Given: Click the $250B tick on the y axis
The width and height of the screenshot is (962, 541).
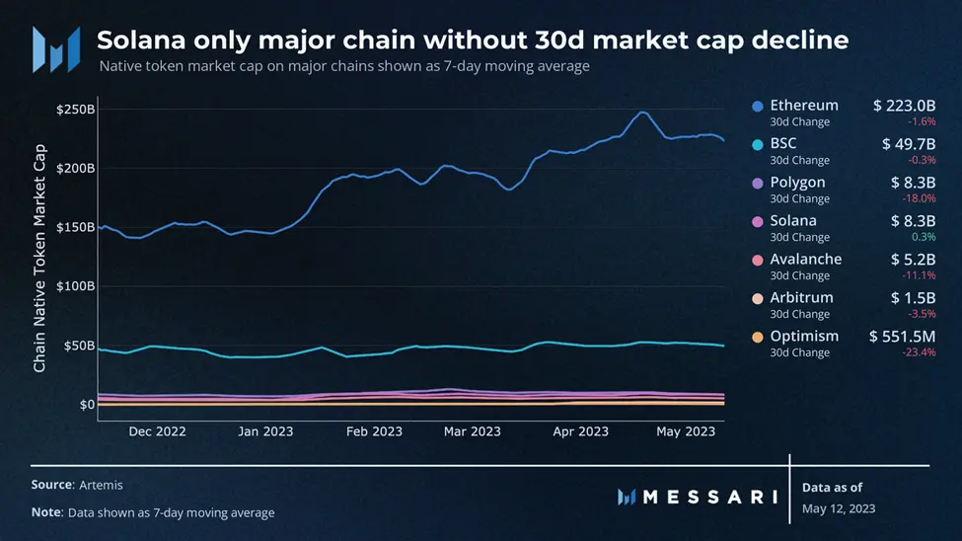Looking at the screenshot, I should pos(75,109).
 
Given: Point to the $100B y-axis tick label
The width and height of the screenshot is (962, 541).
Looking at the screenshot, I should pos(75,286).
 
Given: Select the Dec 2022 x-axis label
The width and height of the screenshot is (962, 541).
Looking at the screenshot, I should pos(157,431).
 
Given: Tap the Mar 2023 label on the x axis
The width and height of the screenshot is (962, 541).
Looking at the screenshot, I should pos(472,431).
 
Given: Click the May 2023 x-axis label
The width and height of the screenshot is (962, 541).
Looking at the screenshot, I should pos(686,431).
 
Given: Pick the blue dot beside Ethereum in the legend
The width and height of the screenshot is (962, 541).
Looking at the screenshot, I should pos(758,106).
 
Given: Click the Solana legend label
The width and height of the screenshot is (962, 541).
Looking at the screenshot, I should pos(793,220).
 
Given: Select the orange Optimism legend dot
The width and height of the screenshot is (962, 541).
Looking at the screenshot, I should pos(758,337).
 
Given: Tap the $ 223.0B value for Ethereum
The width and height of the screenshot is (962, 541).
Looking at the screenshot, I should pos(904,106).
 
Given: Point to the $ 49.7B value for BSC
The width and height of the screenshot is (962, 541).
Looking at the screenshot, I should pos(909,144).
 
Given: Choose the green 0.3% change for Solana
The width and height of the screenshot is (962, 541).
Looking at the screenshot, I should pos(924,237).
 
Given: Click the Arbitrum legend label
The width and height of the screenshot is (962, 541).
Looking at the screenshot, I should pos(801,297).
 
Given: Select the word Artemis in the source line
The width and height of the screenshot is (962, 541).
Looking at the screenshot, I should pos(102,485).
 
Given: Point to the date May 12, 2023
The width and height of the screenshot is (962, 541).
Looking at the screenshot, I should pos(839,508).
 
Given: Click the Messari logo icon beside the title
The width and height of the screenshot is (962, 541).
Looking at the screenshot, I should pos(56,48).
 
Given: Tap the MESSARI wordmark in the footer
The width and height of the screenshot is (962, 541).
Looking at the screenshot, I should pos(710,497).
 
